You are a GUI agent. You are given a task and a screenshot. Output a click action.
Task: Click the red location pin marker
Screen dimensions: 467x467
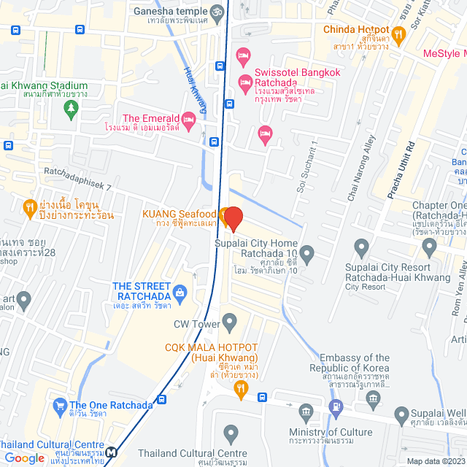tap(233, 218)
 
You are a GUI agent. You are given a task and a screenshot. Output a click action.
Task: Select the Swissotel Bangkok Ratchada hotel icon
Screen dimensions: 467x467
tap(244, 55)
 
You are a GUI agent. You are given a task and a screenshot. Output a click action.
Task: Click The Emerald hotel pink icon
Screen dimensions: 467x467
tap(188, 119)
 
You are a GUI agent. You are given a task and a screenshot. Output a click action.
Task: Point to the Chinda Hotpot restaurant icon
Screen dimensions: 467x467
tap(398, 33)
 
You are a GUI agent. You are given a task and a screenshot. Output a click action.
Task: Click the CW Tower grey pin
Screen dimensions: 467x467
tap(230, 320)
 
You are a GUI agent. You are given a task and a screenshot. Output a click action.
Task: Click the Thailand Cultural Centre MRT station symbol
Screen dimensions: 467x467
tap(110, 452)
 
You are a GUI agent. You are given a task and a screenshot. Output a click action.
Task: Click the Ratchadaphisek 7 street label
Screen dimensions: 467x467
tap(77, 180)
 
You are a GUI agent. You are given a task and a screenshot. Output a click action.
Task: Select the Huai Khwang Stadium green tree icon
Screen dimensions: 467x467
tap(70, 109)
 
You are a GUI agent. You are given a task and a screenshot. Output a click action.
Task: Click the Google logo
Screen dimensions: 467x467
tap(24, 458)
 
